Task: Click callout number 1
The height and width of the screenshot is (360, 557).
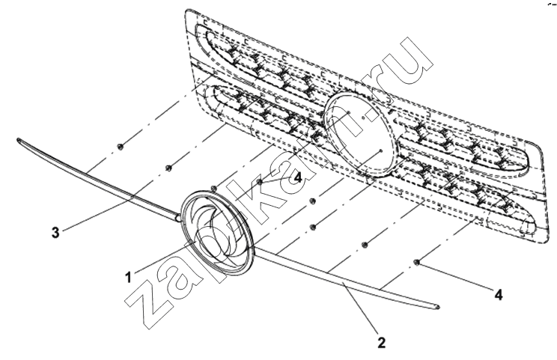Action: coord(129,276)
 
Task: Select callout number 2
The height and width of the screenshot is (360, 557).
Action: coord(381,343)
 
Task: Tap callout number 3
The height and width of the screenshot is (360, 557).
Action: coord(55,233)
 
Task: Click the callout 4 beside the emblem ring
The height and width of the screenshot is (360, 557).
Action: coord(298,177)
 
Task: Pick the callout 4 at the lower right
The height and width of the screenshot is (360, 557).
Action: coord(499,295)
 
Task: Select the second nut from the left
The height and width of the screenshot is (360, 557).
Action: coord(169,167)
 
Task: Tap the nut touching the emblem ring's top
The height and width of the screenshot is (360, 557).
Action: coord(213,188)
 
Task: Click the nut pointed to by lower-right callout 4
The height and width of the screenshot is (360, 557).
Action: coord(417,263)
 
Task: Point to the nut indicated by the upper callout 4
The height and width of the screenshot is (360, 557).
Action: coord(260,182)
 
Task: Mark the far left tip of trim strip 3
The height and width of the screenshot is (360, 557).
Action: coord(17,139)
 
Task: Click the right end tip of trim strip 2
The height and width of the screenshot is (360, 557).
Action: coord(439,305)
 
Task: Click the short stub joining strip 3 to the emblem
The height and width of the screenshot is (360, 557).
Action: coord(179,216)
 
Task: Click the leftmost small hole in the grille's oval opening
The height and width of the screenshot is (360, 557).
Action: coord(349,113)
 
